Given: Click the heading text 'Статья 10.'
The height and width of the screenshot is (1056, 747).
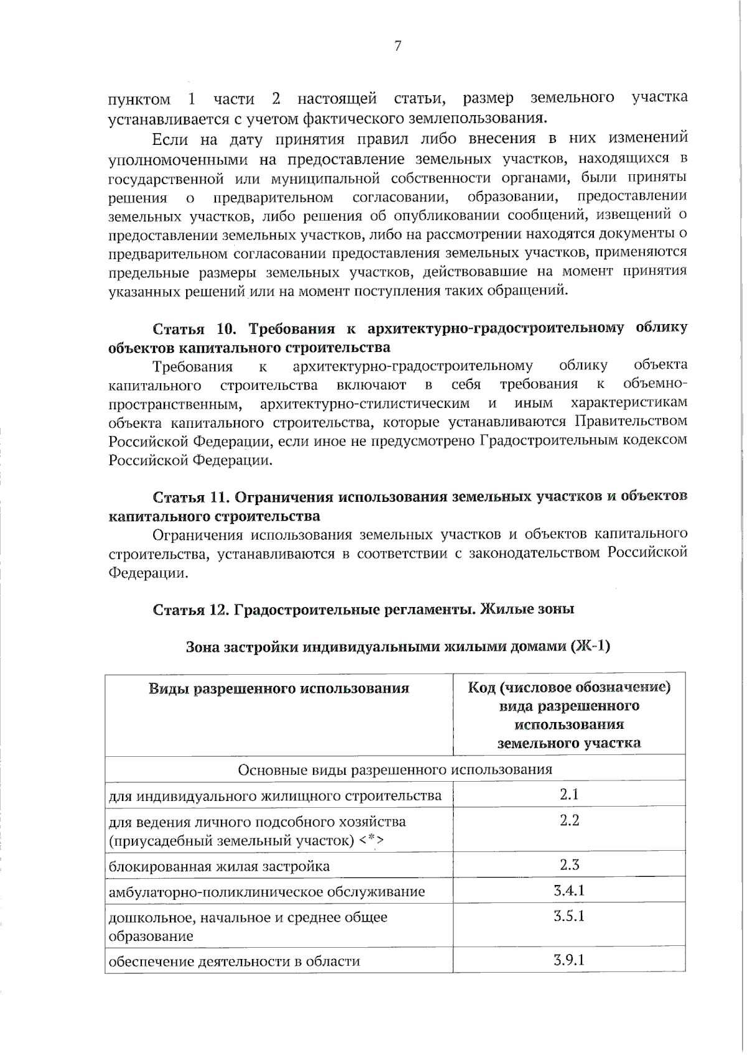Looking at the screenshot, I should (x=195, y=328).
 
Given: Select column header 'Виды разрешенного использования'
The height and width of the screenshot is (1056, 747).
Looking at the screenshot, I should (x=278, y=688).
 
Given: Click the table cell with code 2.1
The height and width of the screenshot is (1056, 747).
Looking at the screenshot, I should (x=569, y=794).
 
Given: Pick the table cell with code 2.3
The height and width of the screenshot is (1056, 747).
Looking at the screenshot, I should (x=569, y=864).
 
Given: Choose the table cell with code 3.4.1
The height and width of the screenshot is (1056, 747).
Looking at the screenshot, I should (x=569, y=890).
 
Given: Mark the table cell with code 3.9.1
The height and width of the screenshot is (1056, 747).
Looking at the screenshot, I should (x=569, y=960).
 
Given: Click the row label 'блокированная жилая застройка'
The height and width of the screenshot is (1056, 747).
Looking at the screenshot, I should (x=219, y=866).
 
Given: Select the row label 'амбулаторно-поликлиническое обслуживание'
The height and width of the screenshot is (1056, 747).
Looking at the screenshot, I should (x=266, y=892).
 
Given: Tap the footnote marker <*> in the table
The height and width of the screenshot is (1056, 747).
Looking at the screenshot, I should (x=371, y=841).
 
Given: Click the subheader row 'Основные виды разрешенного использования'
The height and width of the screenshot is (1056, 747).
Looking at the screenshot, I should (x=395, y=770).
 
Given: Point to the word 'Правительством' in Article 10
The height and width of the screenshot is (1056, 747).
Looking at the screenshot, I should (x=631, y=422).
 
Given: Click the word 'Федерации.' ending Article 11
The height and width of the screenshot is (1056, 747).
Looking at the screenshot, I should (x=148, y=573).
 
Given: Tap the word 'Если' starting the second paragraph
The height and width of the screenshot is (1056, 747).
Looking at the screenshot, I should (x=171, y=138).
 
